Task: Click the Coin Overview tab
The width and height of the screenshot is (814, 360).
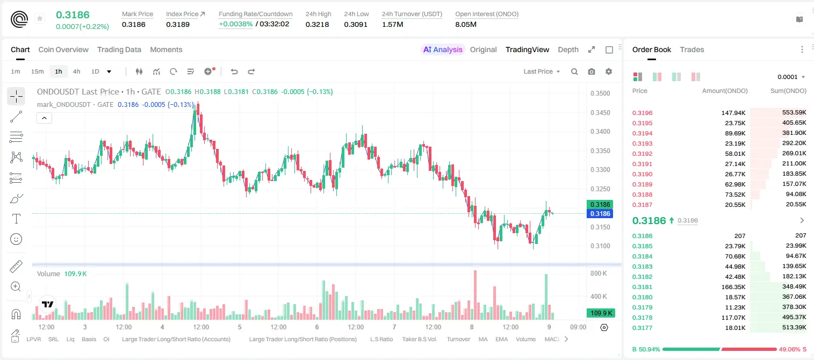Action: coord(63,49)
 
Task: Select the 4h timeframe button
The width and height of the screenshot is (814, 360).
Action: coord(76,71)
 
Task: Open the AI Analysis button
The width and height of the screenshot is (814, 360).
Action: coord(443,49)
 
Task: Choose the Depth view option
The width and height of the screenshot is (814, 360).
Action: coord(568,49)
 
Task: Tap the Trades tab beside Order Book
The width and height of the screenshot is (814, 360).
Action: coord(692,49)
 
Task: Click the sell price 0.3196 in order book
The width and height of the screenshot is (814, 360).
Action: coord(643,113)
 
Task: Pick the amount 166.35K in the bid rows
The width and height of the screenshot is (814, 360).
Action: coord(733,287)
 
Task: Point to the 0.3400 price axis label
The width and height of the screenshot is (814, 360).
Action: coord(600,132)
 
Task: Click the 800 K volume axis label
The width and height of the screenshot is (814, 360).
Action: coord(599,273)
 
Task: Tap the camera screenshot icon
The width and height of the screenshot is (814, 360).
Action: coord(592,71)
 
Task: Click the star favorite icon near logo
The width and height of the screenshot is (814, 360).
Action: coord(40,18)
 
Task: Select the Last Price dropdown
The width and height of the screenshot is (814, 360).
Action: coord(542,71)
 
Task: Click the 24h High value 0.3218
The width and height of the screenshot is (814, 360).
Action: coord(317,24)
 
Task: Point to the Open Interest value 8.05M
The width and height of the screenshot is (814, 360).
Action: coord(466,24)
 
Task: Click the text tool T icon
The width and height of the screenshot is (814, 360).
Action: coord(16,219)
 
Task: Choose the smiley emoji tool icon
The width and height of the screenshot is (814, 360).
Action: coord(16,239)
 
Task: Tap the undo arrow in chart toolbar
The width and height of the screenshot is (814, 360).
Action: coord(234,71)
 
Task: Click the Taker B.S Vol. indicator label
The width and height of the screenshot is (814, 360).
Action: coord(420,339)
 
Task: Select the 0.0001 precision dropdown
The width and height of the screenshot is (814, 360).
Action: coord(791,77)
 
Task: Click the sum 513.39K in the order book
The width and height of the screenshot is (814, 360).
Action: coord(794,327)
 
